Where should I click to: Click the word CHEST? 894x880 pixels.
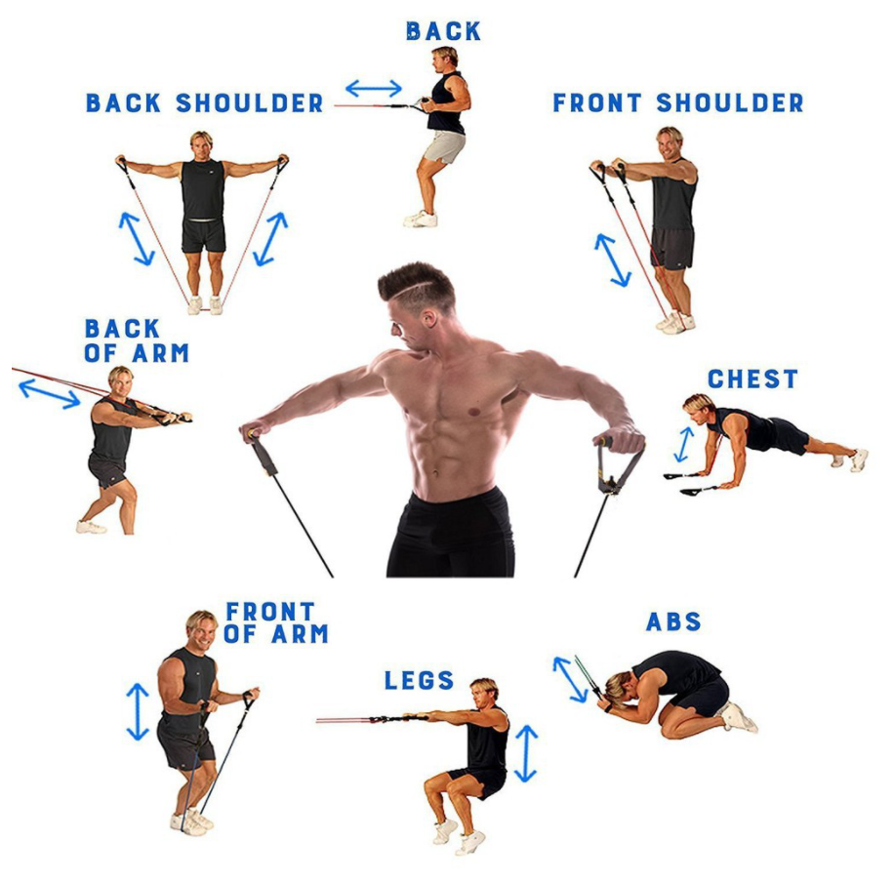tap(752, 379)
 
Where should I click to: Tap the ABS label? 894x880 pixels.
tap(673, 621)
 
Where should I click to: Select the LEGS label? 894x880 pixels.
tap(419, 680)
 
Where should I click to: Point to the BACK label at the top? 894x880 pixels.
tap(443, 31)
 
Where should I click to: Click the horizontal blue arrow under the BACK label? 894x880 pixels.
tap(373, 89)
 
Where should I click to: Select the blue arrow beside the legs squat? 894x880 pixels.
tap(526, 752)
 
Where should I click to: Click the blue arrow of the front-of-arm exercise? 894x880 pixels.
tap(138, 711)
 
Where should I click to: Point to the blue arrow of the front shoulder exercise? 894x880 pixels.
tap(613, 260)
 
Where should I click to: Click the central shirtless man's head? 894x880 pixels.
tap(418, 298)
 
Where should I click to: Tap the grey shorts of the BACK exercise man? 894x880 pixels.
tap(445, 146)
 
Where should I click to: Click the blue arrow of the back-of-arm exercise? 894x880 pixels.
tap(49, 393)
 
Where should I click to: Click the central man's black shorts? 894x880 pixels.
tap(450, 537)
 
